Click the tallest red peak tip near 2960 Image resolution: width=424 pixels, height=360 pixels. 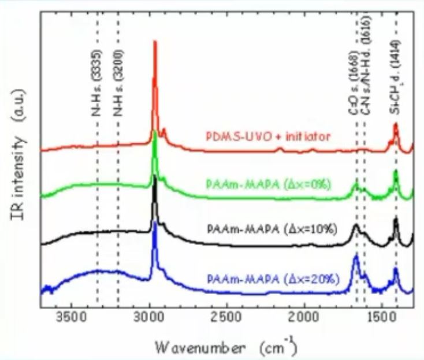(154, 42)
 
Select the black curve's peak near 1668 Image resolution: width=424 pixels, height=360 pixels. (356, 225)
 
